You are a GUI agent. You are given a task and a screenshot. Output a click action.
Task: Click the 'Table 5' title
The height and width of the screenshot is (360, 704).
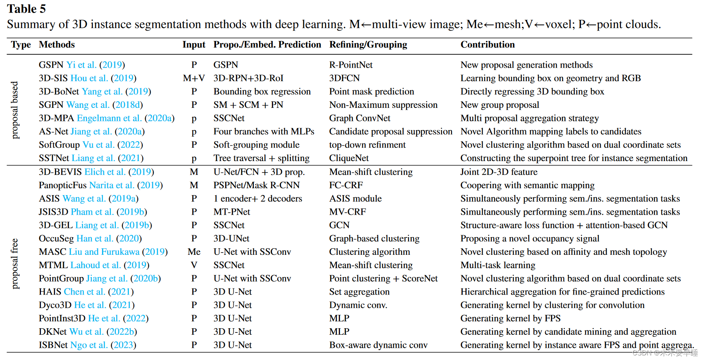[x=26, y=9]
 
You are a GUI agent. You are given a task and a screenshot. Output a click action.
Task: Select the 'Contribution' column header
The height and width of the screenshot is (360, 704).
[x=487, y=45]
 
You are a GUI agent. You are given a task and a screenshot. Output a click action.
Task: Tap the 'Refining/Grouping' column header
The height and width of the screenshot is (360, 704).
[x=368, y=45]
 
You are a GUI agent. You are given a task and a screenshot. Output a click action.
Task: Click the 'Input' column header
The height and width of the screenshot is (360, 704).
[x=193, y=45]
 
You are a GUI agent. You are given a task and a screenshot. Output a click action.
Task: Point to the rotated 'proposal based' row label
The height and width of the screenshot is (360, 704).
[x=15, y=110]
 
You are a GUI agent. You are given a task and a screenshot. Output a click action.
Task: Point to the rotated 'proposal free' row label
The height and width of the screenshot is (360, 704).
[x=15, y=264]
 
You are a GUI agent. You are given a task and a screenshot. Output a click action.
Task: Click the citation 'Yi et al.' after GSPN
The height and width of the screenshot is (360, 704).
[x=81, y=65]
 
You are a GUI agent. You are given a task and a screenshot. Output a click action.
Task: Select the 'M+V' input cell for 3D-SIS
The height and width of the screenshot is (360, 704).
[x=193, y=78]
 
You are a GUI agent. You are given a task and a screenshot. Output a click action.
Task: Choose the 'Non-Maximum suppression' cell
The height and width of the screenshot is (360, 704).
[x=383, y=105]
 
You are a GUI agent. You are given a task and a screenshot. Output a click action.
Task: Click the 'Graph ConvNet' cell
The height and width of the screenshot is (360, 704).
[x=359, y=118]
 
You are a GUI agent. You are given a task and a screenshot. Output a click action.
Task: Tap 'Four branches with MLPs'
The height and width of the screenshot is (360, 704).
[x=263, y=132]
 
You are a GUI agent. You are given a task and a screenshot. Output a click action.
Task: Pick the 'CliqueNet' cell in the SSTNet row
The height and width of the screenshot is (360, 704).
[x=349, y=158]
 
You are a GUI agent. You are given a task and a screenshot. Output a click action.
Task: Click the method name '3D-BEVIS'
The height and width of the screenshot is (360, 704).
[x=60, y=172]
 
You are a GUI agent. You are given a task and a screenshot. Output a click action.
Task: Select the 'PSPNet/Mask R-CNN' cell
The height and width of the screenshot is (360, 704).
[x=256, y=185]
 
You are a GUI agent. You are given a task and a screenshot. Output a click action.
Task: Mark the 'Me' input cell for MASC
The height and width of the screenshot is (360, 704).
[x=194, y=252]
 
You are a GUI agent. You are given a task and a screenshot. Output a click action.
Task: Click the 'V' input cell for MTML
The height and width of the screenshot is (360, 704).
[x=194, y=265]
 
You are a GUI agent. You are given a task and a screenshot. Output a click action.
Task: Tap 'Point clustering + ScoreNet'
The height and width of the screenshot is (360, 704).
[x=383, y=279]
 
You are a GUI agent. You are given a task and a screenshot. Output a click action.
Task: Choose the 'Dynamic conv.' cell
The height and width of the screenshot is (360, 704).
[x=358, y=305]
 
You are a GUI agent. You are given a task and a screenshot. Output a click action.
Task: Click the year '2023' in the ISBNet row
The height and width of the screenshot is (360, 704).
[x=123, y=345]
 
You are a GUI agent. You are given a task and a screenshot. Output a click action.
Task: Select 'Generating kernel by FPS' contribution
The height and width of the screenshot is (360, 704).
[x=510, y=318]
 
